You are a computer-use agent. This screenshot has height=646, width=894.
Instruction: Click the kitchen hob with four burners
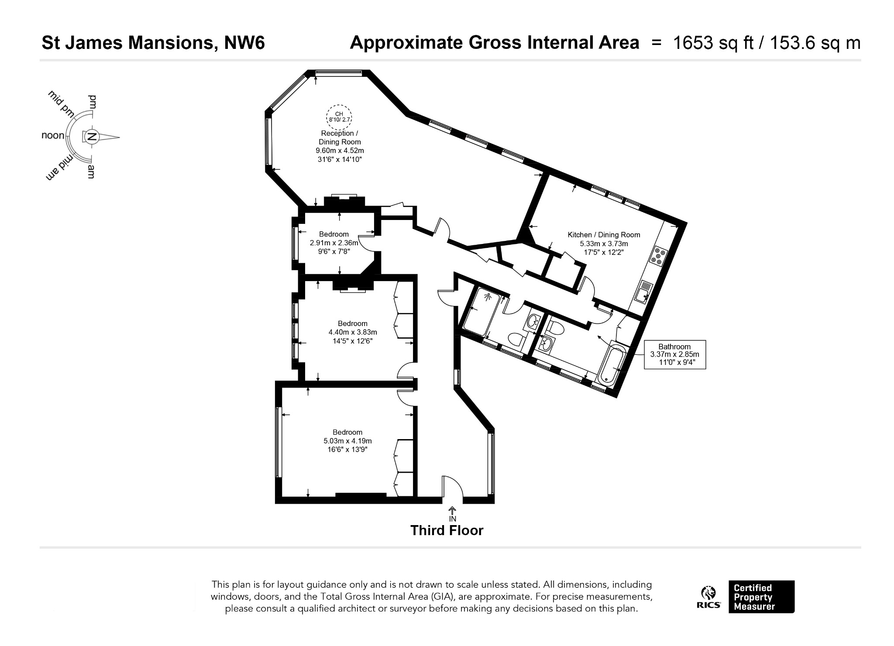click(x=658, y=256)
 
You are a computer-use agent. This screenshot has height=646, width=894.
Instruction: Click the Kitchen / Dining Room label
click(x=604, y=235)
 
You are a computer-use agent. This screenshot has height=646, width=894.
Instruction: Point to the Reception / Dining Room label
click(x=340, y=137)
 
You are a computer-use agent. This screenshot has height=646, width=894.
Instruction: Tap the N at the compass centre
click(x=92, y=137)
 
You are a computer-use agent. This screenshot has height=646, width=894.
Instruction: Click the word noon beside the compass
click(x=53, y=135)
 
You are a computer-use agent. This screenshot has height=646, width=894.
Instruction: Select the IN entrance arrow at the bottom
click(x=453, y=514)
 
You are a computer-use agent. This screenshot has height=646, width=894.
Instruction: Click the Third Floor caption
click(x=447, y=531)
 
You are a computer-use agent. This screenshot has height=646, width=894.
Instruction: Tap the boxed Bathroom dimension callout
click(x=675, y=354)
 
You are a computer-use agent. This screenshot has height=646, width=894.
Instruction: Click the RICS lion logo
click(x=708, y=597)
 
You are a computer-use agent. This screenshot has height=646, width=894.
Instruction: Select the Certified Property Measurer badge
click(x=761, y=597)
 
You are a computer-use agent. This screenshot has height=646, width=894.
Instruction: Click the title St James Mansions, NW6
click(x=153, y=43)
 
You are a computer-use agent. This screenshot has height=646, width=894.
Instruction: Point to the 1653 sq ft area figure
click(x=713, y=43)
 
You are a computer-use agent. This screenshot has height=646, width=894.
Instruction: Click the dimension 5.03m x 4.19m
click(x=347, y=441)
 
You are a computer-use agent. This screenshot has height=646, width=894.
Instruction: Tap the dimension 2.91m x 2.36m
click(x=334, y=243)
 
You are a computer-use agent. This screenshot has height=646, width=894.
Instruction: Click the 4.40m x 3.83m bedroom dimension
click(x=353, y=332)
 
